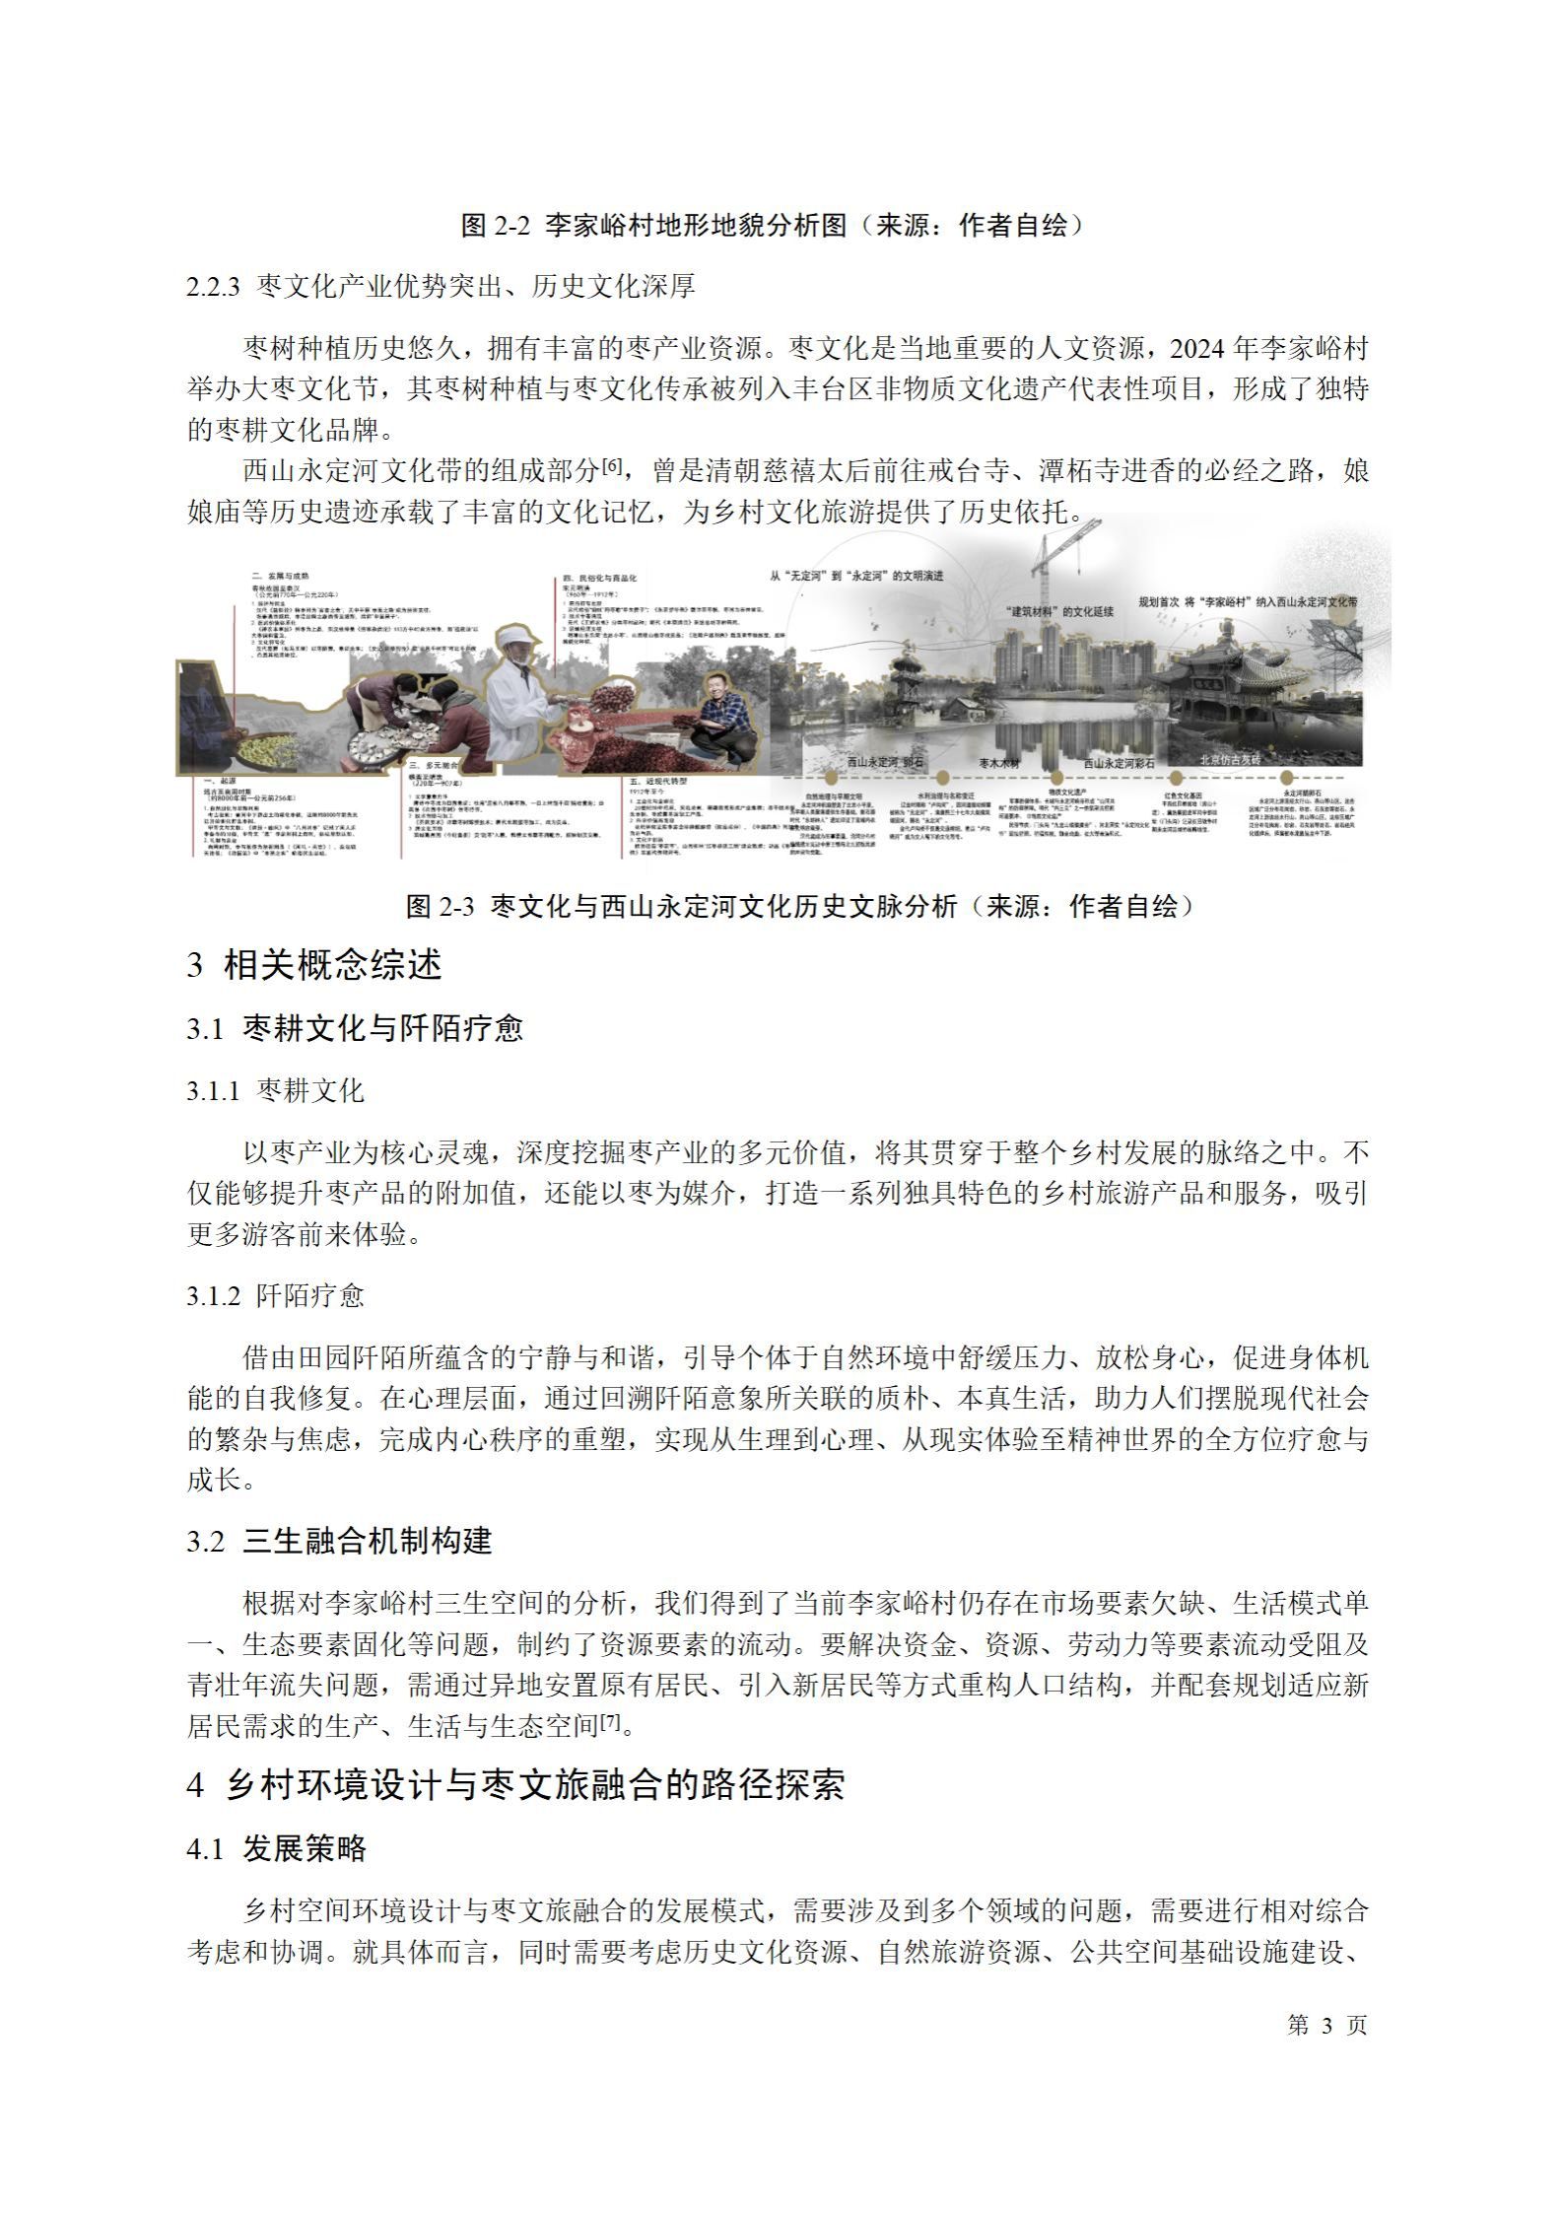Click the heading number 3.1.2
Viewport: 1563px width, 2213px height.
pyautogui.click(x=214, y=1295)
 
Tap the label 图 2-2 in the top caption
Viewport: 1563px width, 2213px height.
pyautogui.click(x=496, y=226)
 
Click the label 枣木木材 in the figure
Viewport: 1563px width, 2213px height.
pyautogui.click(x=999, y=763)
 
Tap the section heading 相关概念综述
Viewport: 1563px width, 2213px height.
pyautogui.click(x=332, y=965)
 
